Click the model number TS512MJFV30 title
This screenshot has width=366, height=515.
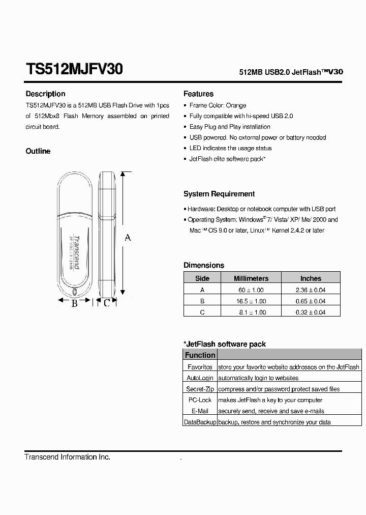click(74, 70)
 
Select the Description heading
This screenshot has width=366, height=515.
click(45, 94)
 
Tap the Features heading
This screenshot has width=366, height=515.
click(198, 94)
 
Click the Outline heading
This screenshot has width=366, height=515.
click(38, 151)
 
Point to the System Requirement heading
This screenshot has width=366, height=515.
click(219, 194)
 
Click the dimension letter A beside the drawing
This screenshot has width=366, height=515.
click(128, 238)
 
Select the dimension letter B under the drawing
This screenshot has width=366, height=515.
click(74, 303)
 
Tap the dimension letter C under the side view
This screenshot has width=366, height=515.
click(106, 303)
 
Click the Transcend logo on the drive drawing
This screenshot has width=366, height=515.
click(77, 253)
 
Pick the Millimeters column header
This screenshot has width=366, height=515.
click(251, 278)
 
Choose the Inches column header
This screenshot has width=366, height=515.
click(311, 278)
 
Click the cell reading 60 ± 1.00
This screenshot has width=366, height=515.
click(251, 290)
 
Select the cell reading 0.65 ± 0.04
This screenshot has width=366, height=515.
click(311, 301)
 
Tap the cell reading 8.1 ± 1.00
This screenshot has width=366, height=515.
click(251, 312)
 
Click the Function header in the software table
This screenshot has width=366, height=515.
click(200, 355)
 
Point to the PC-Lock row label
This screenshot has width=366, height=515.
click(200, 400)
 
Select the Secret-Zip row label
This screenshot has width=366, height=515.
click(200, 389)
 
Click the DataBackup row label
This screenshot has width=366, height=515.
click(200, 422)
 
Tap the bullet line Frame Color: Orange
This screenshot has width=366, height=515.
click(218, 105)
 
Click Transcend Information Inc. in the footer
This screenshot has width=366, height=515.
click(67, 457)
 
